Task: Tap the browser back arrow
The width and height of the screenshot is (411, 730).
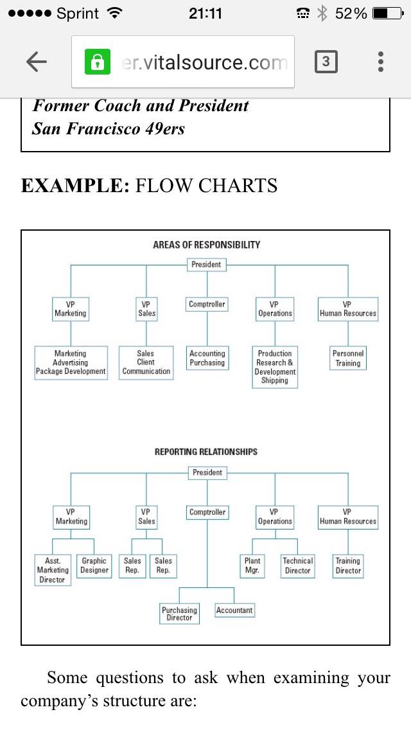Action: [x=37, y=62]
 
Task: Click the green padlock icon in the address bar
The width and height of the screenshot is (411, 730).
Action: [x=97, y=62]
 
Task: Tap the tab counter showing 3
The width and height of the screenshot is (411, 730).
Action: [x=326, y=62]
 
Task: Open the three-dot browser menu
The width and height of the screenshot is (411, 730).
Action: [x=381, y=62]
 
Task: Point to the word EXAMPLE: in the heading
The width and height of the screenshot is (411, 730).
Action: [x=75, y=185]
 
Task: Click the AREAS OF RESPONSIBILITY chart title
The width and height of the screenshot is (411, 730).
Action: [x=207, y=244]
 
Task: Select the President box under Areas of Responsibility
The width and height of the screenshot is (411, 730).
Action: [x=206, y=265]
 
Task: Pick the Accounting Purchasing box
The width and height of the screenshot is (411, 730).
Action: [x=207, y=358]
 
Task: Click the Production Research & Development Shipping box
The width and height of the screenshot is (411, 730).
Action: [x=275, y=367]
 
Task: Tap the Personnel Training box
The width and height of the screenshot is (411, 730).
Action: [x=347, y=358]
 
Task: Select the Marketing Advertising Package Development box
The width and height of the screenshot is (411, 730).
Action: [x=71, y=362]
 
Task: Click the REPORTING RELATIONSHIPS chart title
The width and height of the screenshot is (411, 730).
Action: [x=205, y=452]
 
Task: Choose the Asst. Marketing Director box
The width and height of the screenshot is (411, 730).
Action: [x=53, y=570]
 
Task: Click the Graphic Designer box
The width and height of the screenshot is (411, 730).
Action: [x=94, y=565]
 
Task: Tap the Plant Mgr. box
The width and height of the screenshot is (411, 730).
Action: [x=252, y=565]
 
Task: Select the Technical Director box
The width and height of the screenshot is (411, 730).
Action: [x=297, y=565]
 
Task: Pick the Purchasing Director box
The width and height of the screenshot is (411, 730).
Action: [x=179, y=614]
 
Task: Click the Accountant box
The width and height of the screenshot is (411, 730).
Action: [x=234, y=610]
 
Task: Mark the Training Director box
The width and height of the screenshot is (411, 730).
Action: [x=347, y=565]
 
